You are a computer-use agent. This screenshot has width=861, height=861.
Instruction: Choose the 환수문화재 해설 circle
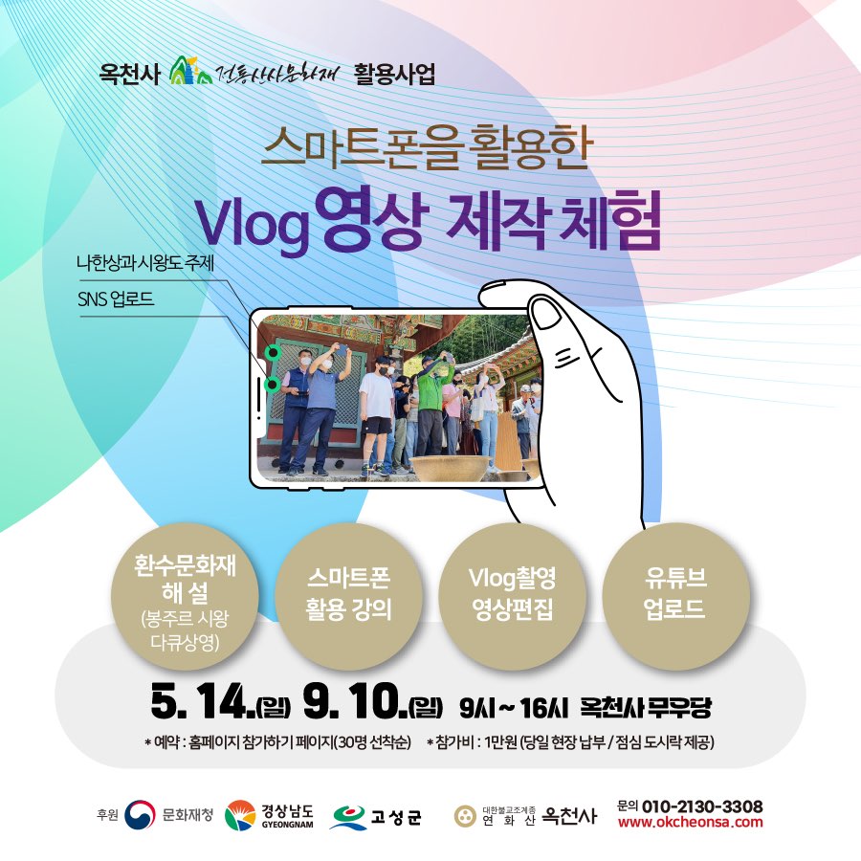point(185,596)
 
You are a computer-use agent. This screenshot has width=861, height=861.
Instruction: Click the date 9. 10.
point(355,703)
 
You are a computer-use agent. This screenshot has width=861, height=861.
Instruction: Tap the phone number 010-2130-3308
point(702,806)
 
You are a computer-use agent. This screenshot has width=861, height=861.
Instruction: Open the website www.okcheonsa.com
point(690,822)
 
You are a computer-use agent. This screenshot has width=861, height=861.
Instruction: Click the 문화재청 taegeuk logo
point(140,815)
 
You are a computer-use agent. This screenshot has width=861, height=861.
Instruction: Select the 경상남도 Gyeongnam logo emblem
point(240,815)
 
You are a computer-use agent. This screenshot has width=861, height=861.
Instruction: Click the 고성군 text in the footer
point(396,817)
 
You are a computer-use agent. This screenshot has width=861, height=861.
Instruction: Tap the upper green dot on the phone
point(273,352)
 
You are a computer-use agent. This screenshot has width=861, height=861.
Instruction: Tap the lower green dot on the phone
point(273,385)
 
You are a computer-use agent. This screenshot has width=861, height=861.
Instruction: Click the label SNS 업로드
point(116,299)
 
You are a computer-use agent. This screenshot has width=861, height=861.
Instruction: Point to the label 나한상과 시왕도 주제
point(145,263)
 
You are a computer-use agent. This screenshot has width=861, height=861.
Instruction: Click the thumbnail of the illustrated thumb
point(547,315)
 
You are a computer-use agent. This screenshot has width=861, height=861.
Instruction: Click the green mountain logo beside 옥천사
point(190,71)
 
